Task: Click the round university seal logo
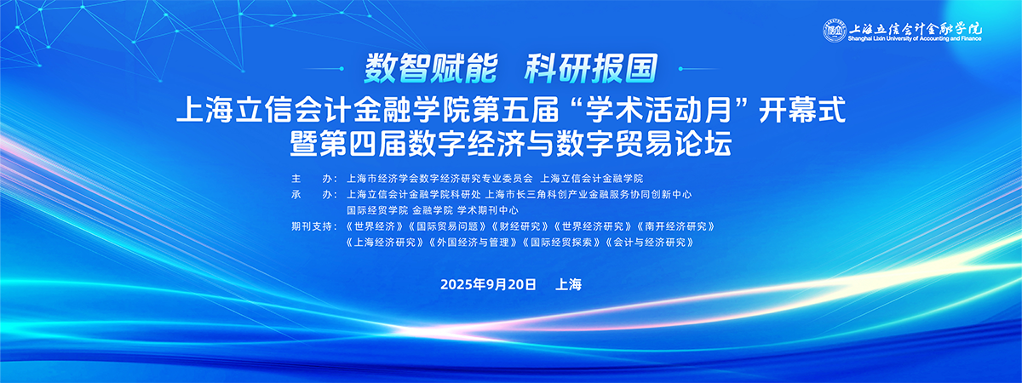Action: tap(835, 31)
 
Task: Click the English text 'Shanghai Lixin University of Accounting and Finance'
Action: tap(915, 39)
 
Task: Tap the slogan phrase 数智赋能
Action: tap(431, 69)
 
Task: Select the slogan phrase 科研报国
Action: tap(591, 69)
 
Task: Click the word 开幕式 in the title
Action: tap(802, 110)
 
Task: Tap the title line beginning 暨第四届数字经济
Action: tap(511, 143)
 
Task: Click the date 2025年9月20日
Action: tap(488, 284)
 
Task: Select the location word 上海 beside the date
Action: tap(569, 284)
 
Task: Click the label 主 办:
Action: tap(314, 178)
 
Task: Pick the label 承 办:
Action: tap(314, 194)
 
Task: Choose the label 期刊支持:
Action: tap(314, 226)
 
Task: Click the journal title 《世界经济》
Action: tap(375, 226)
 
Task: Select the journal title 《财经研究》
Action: tap(520, 226)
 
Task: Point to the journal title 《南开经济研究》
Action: tap(676, 226)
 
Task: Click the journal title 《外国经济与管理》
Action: tap(474, 242)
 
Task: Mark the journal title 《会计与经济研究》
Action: tap(650, 242)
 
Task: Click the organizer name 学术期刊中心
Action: tap(488, 210)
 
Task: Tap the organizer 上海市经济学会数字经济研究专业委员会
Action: tap(439, 178)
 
